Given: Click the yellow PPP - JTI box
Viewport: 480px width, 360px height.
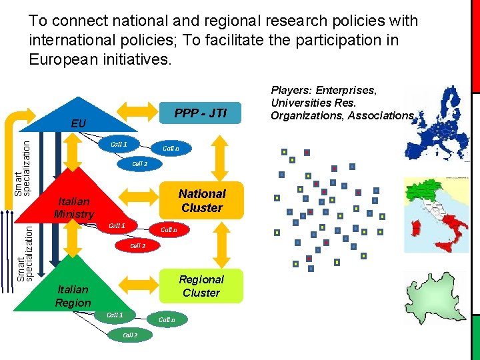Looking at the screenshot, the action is coord(201,114).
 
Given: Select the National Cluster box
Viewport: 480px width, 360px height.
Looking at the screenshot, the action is coord(201,201).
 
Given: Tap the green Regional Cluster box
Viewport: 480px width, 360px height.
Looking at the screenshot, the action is coord(201,286).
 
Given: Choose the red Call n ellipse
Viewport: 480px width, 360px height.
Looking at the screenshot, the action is coord(168,230).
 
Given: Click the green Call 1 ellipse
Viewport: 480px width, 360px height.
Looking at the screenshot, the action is coord(115,315).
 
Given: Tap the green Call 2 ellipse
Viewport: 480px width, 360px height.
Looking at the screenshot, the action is coord(129,335).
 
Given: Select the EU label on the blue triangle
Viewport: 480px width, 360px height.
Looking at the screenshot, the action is coord(79,124).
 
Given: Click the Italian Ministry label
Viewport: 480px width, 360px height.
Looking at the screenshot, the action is coord(74,207).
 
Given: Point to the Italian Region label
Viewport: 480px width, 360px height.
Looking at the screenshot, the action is coord(73,296).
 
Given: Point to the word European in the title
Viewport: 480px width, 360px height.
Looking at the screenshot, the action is coord(61,59).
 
